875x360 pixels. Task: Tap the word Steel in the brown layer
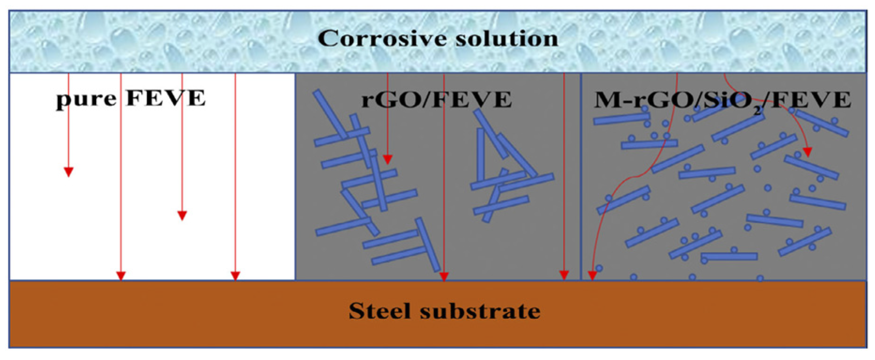378,311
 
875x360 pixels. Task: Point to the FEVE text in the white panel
166,98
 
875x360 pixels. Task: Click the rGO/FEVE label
436,99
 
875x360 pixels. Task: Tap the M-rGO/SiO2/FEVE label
722,100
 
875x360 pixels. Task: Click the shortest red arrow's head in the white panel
68,172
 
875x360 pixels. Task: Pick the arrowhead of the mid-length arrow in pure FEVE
182,216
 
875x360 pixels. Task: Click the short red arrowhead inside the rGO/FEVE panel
387,159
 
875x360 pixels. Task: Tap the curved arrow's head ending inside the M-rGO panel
807,152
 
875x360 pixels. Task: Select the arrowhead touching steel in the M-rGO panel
592,275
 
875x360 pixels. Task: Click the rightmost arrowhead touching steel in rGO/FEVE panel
564,275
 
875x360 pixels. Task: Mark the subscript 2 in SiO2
758,111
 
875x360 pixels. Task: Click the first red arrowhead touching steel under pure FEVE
121,276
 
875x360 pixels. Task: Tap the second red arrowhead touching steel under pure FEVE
235,276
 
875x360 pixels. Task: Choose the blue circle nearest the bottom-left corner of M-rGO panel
599,269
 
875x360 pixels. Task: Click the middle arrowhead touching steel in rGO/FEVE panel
444,277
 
